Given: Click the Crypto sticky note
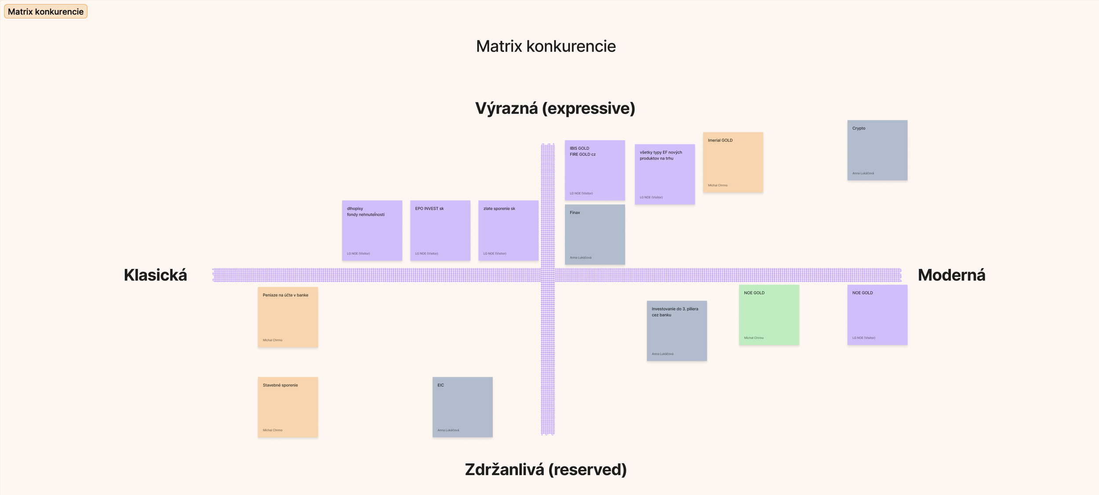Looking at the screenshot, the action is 877,150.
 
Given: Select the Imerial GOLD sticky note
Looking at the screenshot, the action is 733,162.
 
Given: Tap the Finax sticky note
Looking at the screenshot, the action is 595,235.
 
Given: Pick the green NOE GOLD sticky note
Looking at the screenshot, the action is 769,315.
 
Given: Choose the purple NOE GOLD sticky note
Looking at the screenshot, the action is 877,315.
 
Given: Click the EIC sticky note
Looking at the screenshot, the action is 462,407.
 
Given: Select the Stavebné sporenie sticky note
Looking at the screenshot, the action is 287,407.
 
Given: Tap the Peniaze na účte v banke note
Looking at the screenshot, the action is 287,317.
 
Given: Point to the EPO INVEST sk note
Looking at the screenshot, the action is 440,231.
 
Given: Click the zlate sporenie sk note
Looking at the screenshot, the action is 508,231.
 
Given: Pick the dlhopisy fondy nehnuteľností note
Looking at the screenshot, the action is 372,231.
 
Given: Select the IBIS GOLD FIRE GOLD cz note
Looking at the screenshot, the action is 595,170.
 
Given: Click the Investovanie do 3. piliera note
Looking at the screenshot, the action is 677,331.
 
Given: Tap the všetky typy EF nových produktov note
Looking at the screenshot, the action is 665,174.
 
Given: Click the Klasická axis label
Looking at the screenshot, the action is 155,275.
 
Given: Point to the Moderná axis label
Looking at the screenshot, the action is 951,275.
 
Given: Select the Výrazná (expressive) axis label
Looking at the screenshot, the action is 555,108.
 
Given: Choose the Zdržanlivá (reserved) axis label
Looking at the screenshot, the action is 546,469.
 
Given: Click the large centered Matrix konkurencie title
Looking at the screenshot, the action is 546,46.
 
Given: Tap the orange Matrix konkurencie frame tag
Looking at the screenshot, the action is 46,11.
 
